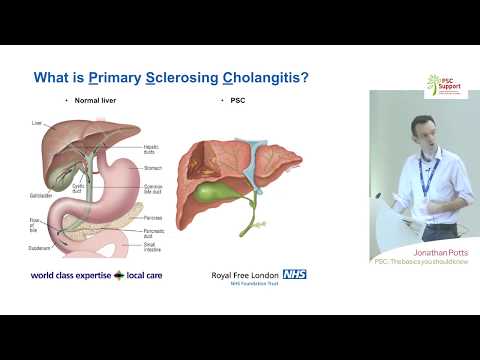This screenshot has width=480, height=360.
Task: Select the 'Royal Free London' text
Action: coord(241,274)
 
